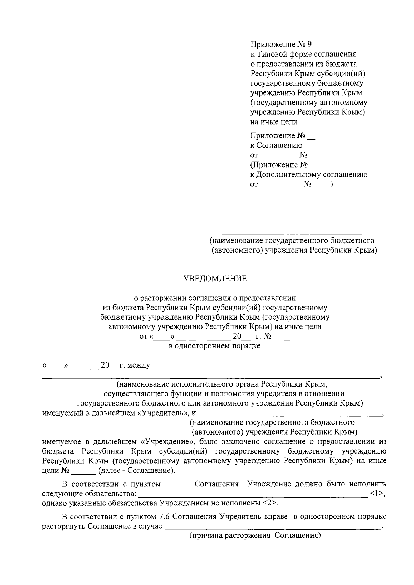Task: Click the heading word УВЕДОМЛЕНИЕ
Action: [215, 279]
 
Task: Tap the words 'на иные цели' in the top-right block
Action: [274, 122]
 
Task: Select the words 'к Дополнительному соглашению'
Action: [309, 175]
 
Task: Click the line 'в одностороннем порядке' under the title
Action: [215, 346]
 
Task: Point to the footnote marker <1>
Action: [376, 493]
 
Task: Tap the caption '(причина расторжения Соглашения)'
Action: [255, 536]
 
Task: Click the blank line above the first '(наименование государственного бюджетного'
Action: [299, 234]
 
